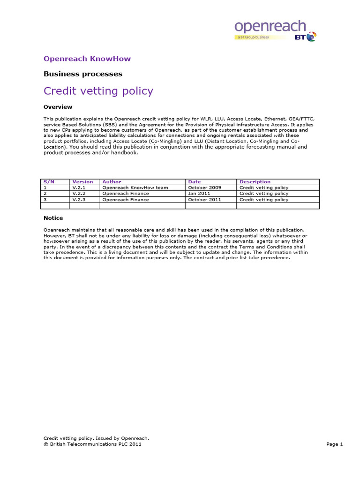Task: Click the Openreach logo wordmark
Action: pos(270,26)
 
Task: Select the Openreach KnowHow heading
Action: pos(87,59)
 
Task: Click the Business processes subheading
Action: pos(82,74)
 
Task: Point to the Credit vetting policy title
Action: pos(98,90)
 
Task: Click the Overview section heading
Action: pos(58,107)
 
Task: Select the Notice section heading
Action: pos(53,218)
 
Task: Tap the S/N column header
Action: pos(49,181)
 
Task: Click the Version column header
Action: pos(82,181)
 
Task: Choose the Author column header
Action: pos(112,181)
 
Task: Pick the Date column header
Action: pos(194,181)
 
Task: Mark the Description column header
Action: pos(255,181)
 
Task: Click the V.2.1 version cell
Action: pos(79,187)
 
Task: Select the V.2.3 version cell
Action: pos(79,200)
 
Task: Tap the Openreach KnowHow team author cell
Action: pos(128,187)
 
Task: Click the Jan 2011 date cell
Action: pos(199,194)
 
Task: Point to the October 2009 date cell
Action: pos(204,187)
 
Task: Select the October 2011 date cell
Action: pos(204,200)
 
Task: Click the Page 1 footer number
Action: pos(335,444)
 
